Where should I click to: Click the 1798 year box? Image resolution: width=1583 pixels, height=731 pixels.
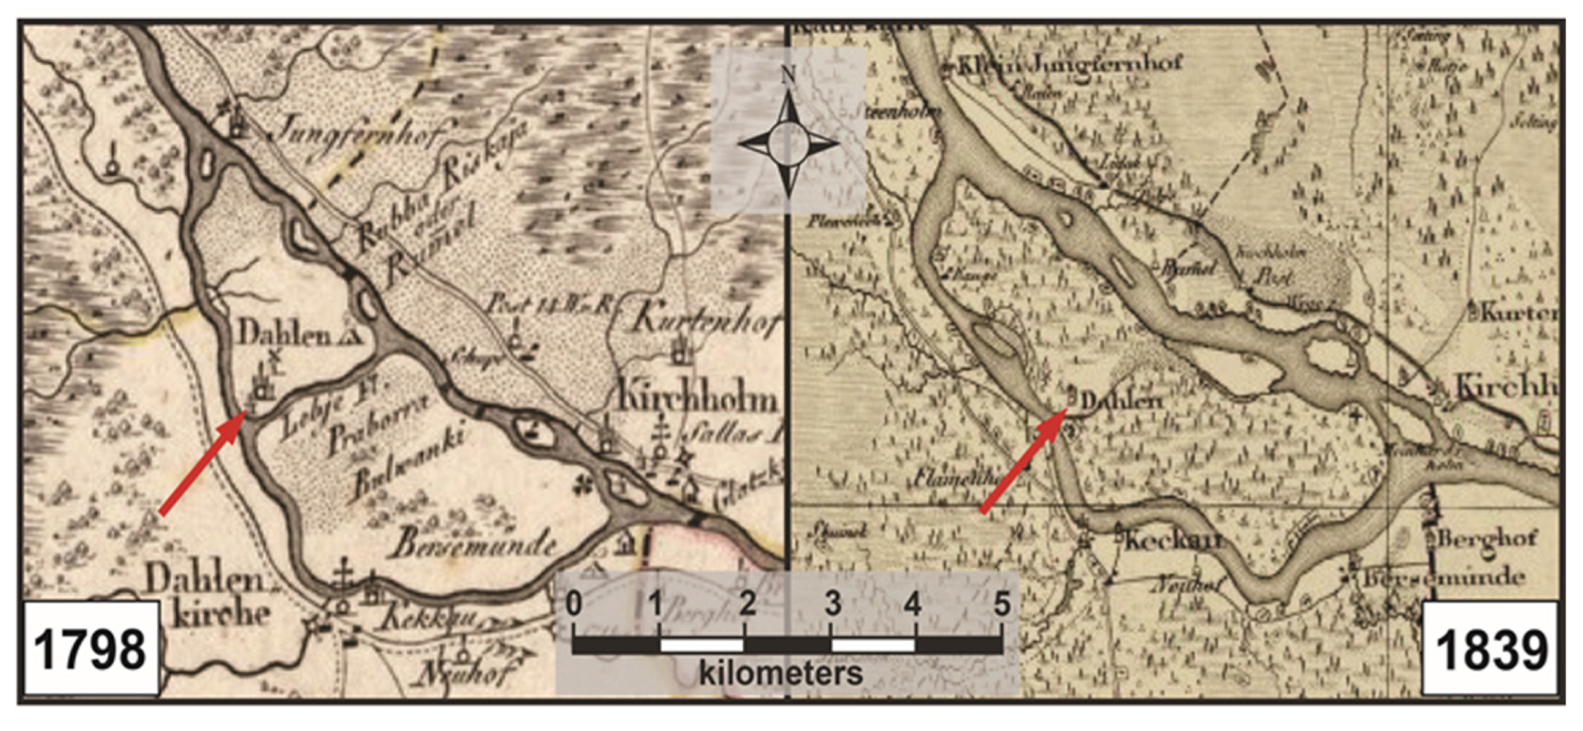(91, 648)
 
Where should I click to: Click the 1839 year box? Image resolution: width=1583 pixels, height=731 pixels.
(1492, 648)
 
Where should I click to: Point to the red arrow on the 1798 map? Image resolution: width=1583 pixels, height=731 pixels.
(203, 464)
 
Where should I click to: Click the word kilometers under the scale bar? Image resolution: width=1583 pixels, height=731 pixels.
(781, 673)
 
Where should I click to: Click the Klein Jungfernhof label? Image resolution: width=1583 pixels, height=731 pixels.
(1069, 65)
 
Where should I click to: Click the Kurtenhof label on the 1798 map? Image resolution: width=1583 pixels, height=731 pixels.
(707, 319)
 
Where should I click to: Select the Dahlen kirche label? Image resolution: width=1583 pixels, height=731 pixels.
(209, 596)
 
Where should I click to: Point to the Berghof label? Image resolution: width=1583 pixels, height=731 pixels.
(1487, 539)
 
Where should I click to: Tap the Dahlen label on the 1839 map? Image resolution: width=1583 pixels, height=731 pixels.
(1122, 402)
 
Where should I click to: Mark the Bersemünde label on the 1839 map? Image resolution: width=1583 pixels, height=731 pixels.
(1444, 578)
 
